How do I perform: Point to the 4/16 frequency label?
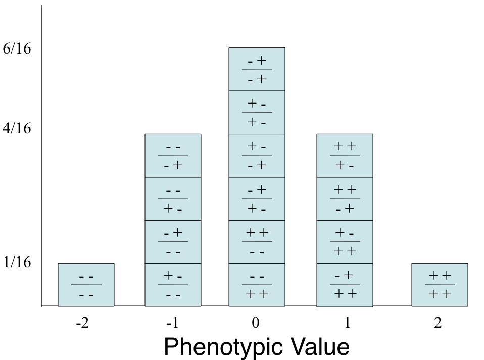(x=17, y=129)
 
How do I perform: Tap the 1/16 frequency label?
(x=17, y=263)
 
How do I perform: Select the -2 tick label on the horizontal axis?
(x=82, y=323)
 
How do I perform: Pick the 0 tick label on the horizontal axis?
(x=257, y=323)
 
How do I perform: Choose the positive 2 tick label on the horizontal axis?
(x=438, y=323)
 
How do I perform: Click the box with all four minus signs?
(x=86, y=285)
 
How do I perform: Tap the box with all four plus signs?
(x=440, y=285)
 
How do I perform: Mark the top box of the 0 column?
(x=257, y=69)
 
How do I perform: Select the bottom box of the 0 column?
(x=257, y=285)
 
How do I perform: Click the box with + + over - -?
(x=257, y=242)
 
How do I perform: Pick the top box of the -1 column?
(x=173, y=156)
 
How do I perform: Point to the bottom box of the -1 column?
(x=173, y=285)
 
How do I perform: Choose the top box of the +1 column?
(x=345, y=156)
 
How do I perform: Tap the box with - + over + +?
(x=345, y=285)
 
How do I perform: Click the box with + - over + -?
(x=257, y=112)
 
